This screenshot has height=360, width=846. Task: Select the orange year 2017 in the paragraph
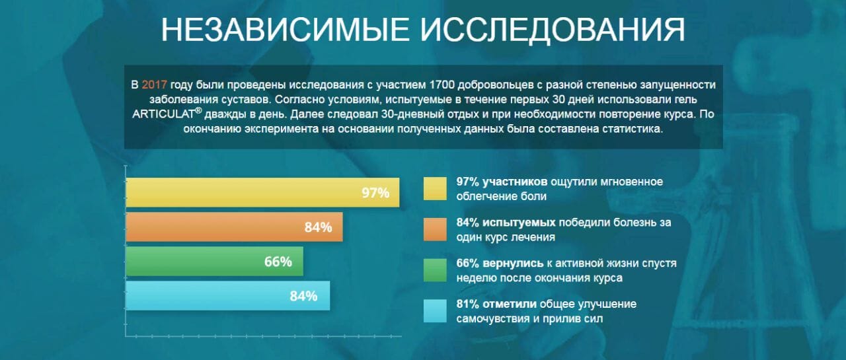[x=154, y=85]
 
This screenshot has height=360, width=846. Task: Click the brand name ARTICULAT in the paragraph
[x=163, y=114]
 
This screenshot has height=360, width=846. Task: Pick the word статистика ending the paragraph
[x=633, y=129]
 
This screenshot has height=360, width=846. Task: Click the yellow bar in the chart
[x=262, y=192]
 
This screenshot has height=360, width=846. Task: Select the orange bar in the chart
[x=234, y=227]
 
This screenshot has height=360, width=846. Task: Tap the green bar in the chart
[x=215, y=261]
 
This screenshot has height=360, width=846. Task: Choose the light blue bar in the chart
[x=228, y=295]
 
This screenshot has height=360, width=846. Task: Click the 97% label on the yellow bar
[x=375, y=193]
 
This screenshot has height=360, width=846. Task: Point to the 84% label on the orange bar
[x=318, y=227]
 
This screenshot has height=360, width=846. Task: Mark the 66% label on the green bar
[x=278, y=262]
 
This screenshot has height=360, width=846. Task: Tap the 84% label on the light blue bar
[x=303, y=296]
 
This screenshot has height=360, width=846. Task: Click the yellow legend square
[x=435, y=188]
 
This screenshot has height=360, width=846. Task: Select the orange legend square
[x=435, y=229]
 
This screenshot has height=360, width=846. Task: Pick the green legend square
[x=435, y=270]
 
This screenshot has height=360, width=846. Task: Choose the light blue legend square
[x=435, y=310]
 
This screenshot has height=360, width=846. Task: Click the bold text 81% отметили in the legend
[x=496, y=304]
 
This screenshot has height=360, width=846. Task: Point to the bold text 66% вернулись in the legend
[x=500, y=263]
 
